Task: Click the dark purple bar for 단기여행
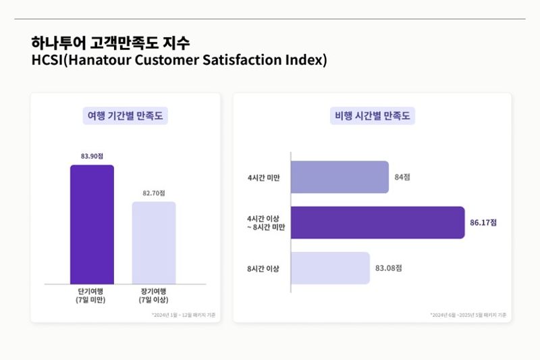[x=92, y=224]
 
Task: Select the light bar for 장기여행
[x=153, y=243]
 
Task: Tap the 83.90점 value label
[x=92, y=156]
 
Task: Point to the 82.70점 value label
[x=153, y=193]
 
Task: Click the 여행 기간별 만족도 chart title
[x=126, y=115]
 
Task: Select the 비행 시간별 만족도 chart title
[x=372, y=115]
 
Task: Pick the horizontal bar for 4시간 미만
[x=340, y=177]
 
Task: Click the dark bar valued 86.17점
[x=377, y=222]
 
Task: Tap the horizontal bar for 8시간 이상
[x=330, y=268]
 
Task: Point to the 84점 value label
[x=402, y=177]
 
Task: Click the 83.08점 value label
[x=388, y=268]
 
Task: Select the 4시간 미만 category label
[x=263, y=178]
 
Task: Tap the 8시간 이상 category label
[x=263, y=269]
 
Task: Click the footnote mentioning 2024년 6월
[x=468, y=315]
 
